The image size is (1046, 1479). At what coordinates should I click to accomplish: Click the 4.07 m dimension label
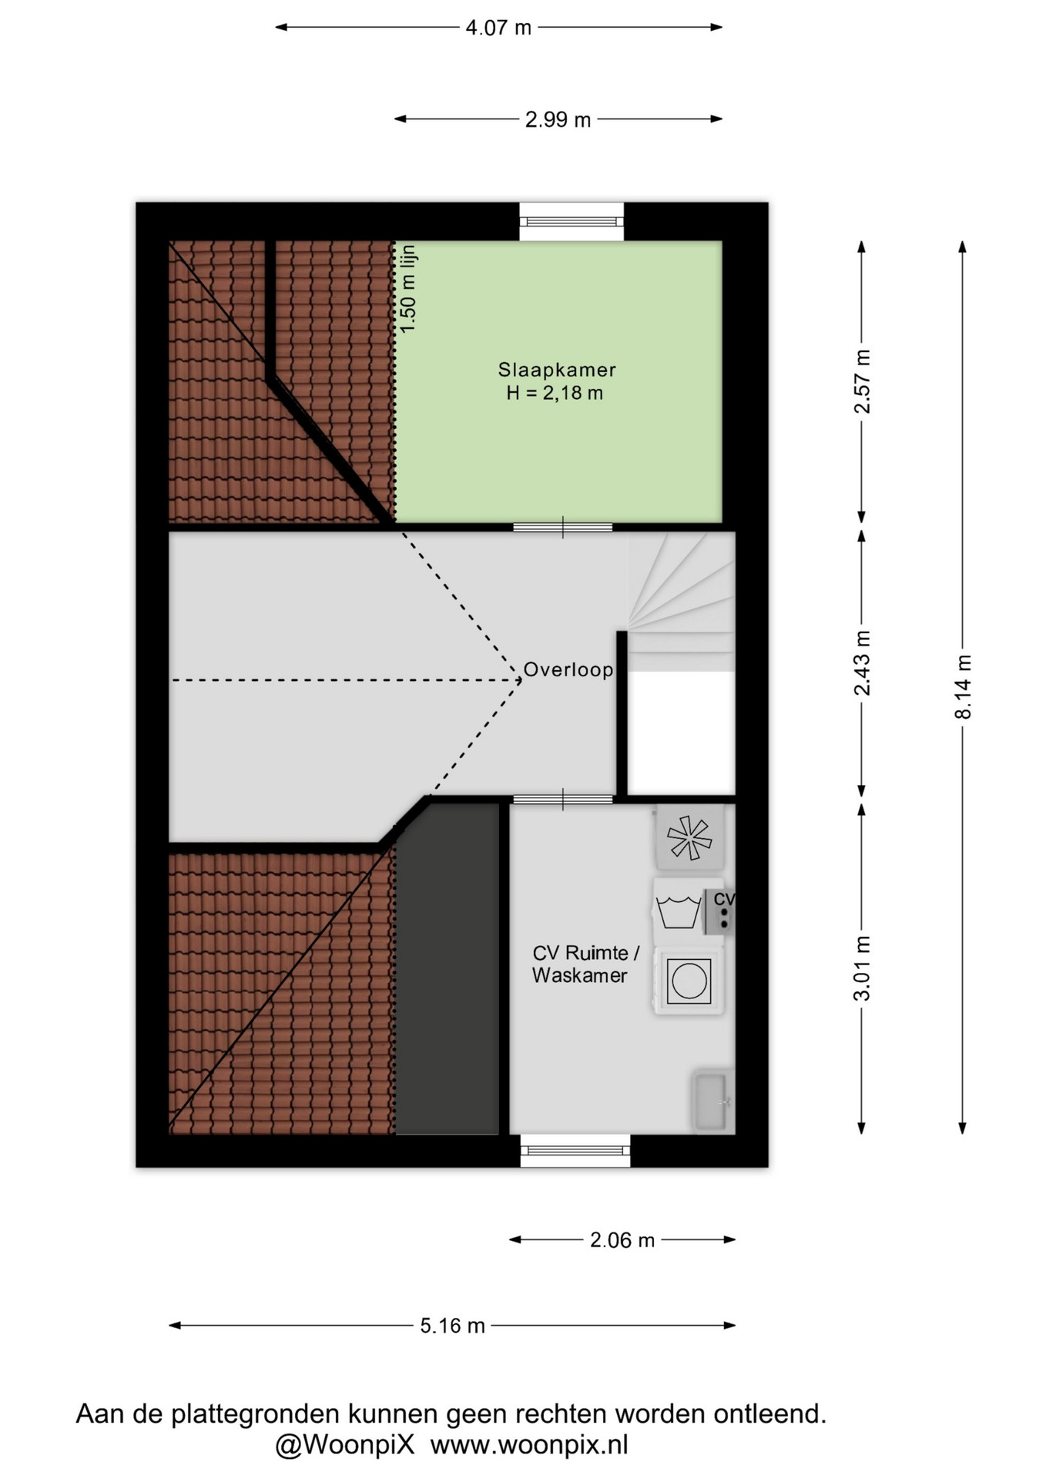coord(498,28)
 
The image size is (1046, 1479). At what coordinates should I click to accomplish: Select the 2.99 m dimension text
coord(558,119)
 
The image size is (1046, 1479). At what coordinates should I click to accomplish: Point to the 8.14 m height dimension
coord(963,687)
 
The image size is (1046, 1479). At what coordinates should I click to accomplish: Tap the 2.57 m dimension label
coord(862,381)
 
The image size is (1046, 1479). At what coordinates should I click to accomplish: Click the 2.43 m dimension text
coord(862,663)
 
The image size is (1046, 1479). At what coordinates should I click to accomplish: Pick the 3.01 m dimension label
coord(862,968)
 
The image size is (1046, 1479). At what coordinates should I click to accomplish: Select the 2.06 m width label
coord(622,1240)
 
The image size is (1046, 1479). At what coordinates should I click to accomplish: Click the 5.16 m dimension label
coord(452,1326)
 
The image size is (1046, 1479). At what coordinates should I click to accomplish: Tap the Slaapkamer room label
coord(557,370)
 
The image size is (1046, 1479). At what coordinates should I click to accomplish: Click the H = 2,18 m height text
coord(555,394)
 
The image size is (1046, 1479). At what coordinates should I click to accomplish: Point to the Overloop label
coord(568,670)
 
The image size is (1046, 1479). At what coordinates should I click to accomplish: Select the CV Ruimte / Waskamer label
coord(585,964)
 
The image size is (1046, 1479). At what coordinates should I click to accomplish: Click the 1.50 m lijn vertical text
coord(408,289)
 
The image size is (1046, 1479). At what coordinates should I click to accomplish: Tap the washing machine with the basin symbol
coord(688,913)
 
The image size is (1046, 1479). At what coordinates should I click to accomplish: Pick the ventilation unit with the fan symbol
coord(690,838)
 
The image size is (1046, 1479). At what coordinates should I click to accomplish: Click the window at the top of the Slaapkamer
coord(572,222)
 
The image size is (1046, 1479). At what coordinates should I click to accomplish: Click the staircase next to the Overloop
coord(681,602)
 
